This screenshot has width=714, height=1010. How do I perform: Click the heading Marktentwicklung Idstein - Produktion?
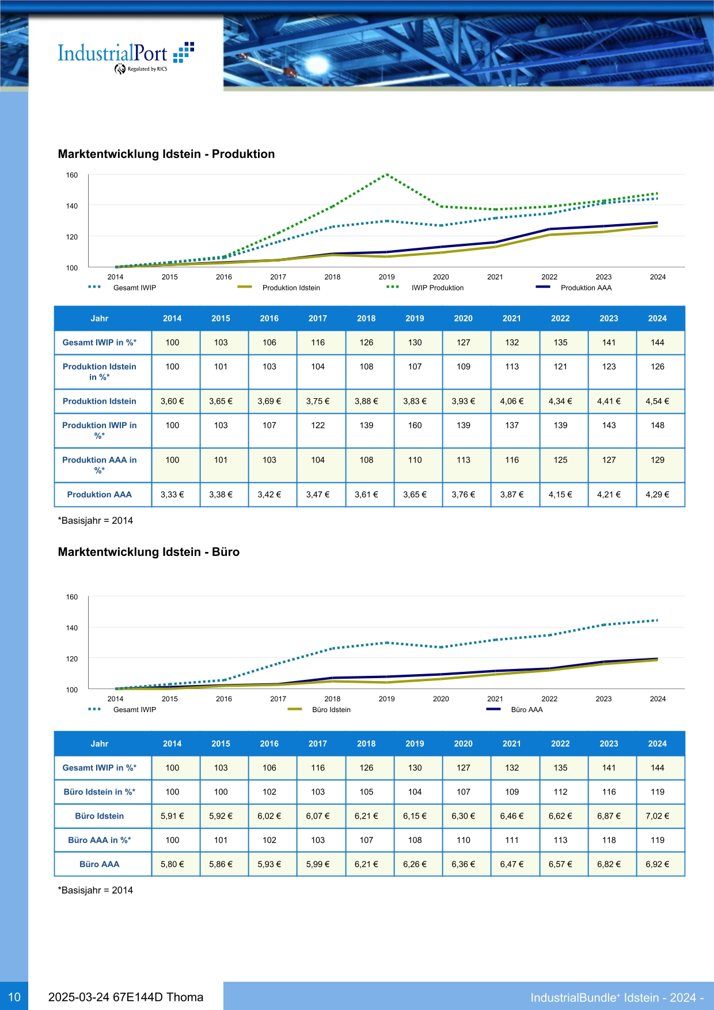point(166,154)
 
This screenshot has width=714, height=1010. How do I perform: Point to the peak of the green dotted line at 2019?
point(387,174)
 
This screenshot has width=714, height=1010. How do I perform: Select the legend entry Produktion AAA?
point(574,288)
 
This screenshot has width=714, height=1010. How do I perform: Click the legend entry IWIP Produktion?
point(425,288)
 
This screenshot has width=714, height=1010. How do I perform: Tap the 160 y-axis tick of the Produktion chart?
point(71,175)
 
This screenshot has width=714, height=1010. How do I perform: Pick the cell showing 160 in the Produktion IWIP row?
point(415,425)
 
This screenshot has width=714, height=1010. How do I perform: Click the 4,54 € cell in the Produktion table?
point(657,401)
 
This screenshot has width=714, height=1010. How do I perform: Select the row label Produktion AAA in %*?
point(100,465)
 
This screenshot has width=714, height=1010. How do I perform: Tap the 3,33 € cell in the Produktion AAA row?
point(172,494)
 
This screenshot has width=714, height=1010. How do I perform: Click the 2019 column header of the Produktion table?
point(415,318)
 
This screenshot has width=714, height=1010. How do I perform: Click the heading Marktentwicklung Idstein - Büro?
point(149,552)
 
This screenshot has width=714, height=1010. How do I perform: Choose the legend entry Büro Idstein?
point(319,709)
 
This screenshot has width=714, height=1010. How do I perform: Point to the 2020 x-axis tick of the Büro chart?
point(441,699)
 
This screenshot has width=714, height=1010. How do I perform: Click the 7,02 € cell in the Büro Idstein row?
point(657,816)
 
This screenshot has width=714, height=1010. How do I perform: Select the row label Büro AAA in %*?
point(100,840)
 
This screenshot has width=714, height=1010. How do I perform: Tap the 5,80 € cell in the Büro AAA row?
point(172,864)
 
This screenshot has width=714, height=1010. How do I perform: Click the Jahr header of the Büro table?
point(100,744)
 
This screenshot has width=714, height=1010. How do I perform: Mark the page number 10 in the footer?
point(14,997)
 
